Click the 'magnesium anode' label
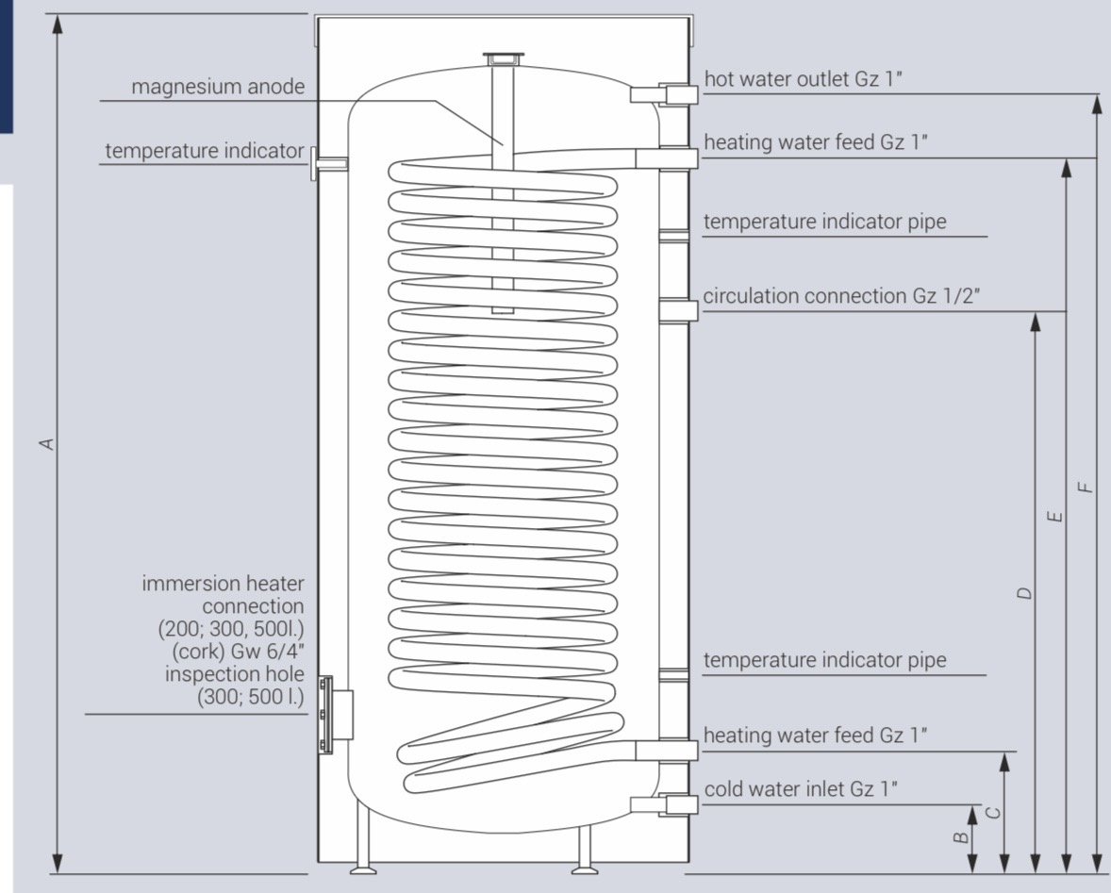(x=218, y=87)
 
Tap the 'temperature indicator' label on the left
(x=205, y=151)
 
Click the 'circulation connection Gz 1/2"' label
(x=841, y=296)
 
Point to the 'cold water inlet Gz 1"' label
(x=801, y=789)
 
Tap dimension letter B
(x=960, y=837)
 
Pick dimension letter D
(x=1024, y=593)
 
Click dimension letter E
(x=1055, y=516)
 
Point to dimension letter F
(x=1086, y=487)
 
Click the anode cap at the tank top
(x=501, y=58)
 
